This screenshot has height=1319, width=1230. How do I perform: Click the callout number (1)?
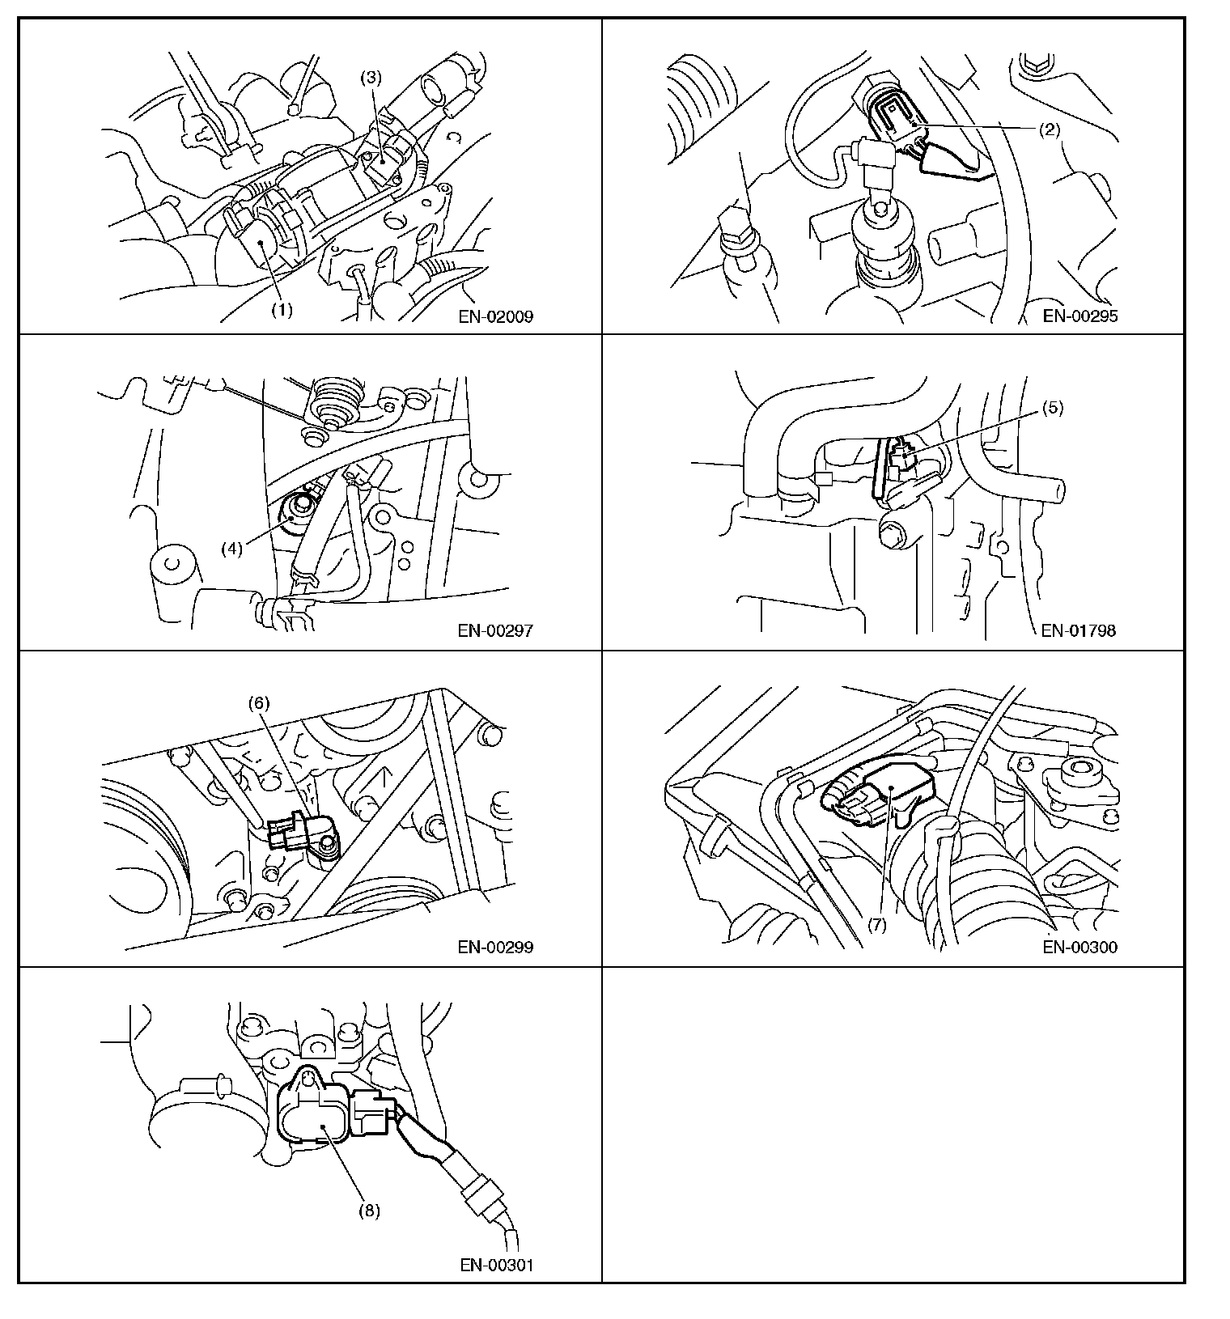tap(281, 310)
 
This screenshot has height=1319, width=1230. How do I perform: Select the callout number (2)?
tap(1049, 128)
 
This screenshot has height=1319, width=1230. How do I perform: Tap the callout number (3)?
tap(371, 78)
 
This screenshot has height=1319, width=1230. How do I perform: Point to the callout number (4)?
tap(232, 549)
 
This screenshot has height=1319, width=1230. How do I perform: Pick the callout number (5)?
tap(1052, 408)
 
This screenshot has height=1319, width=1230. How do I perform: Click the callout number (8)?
tap(368, 1211)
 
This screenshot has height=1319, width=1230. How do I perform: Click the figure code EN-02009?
tap(495, 316)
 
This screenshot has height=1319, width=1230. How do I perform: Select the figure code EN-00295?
tap(1080, 316)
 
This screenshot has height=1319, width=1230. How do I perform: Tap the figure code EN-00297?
tap(495, 630)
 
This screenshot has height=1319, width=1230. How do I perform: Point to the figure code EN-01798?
tap(1079, 630)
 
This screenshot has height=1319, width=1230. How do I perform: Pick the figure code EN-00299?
tap(495, 947)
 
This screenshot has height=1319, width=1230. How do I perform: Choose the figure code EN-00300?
tap(1080, 947)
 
